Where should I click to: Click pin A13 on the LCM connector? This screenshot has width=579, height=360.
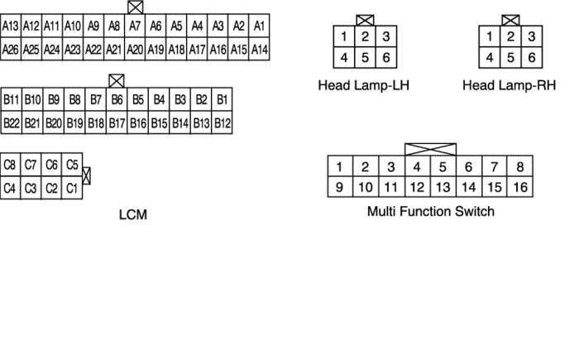pos(11,26)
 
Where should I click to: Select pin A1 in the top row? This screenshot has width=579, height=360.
pos(259,26)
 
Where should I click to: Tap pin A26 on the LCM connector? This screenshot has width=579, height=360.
pos(11,50)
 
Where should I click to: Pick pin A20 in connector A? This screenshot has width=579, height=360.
pos(135,50)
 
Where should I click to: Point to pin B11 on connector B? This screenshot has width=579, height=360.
pos(12,100)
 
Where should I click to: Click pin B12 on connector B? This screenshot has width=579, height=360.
pos(223,123)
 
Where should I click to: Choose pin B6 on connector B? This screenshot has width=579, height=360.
pos(117,100)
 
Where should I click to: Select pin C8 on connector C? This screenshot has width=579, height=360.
pos(10,165)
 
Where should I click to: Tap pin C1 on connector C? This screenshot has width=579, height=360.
pos(72,188)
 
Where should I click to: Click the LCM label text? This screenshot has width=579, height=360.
pos(133,214)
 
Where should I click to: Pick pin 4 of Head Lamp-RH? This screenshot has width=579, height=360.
pos(490,58)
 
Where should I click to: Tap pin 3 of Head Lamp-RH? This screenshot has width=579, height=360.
pos(532,37)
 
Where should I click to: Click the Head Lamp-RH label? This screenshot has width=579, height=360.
pos(509,85)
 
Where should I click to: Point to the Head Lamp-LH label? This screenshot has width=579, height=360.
pos(364,85)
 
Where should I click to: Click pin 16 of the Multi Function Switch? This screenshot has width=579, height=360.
pos(519,186)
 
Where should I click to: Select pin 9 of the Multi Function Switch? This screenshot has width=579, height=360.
pos(339,186)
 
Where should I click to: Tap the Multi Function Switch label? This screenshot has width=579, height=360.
pos(430,212)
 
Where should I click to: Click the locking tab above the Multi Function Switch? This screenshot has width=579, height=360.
pos(430,149)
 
